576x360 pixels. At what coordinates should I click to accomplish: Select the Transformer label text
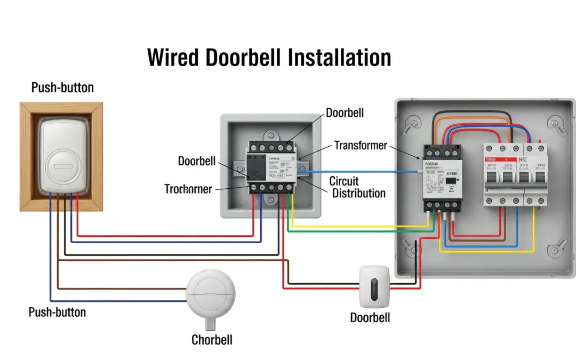coord(361,145)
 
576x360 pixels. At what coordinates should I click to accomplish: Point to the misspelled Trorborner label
coord(188,189)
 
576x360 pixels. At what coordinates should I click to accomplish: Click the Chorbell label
coord(212,340)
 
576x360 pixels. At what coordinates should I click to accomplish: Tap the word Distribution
coord(358,193)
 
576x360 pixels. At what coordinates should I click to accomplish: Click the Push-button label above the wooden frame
coord(62,87)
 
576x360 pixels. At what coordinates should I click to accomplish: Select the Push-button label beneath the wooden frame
coord(57,312)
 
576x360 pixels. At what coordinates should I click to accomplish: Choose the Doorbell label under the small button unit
coord(370,318)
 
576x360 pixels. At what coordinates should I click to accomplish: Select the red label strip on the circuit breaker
coord(500,159)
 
